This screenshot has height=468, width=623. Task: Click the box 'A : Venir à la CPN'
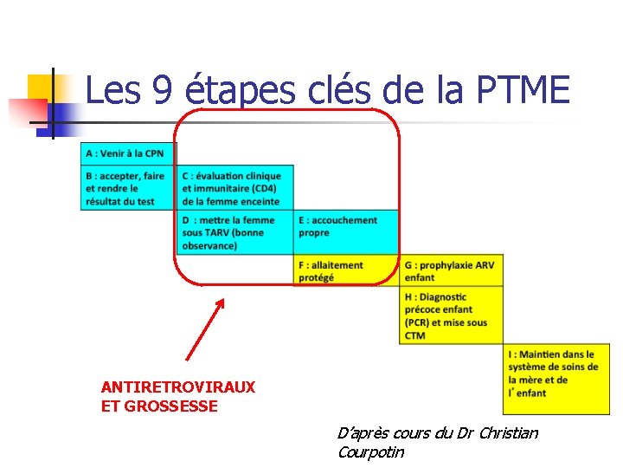[x=128, y=153]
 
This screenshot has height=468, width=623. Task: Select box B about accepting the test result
[x=128, y=188]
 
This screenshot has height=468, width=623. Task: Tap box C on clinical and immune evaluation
[x=234, y=188]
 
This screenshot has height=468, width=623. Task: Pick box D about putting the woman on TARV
[x=234, y=232]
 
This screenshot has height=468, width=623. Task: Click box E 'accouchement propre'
[x=346, y=227]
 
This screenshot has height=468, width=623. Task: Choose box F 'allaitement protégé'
[x=346, y=271]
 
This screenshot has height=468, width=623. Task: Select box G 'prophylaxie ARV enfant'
[x=451, y=271]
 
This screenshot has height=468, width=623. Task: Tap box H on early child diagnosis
[x=451, y=315]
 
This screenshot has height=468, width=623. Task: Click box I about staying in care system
[x=553, y=374]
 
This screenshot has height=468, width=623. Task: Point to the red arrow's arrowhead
[x=221, y=302]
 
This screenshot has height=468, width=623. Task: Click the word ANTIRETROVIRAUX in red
[x=178, y=387]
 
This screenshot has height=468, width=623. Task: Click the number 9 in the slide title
[x=161, y=90]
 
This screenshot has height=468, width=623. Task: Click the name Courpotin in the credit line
[x=370, y=452]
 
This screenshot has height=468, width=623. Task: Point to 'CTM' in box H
[x=414, y=335]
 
